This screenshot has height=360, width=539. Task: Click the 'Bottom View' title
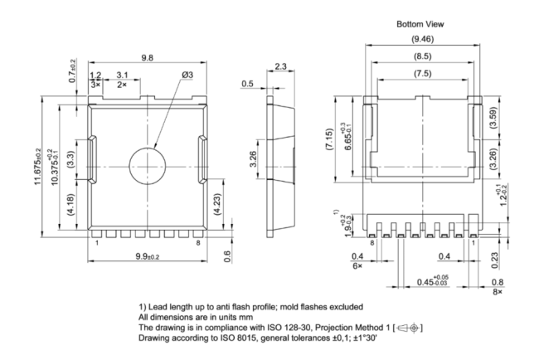click(x=420, y=24)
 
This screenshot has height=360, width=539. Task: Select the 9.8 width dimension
click(x=148, y=57)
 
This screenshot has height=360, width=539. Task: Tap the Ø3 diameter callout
click(x=187, y=75)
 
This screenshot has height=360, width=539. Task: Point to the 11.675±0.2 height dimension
click(x=37, y=167)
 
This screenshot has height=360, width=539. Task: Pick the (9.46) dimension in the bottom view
click(x=422, y=39)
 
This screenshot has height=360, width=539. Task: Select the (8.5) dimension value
click(x=422, y=56)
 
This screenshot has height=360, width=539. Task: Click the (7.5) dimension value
click(x=422, y=73)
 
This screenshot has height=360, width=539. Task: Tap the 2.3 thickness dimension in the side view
click(x=280, y=66)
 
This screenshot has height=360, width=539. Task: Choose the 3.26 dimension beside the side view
click(x=253, y=159)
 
